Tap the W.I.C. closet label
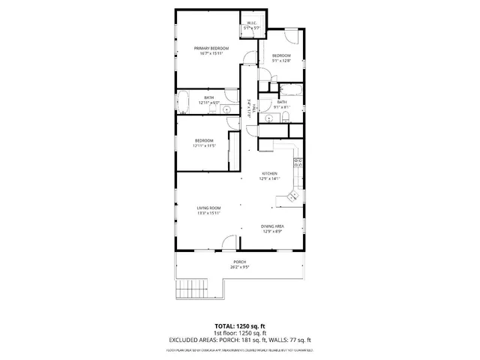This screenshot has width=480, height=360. (253, 24)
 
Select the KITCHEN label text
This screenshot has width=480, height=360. (270, 173)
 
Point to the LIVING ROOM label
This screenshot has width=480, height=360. (208, 208)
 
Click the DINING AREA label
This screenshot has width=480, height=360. (271, 226)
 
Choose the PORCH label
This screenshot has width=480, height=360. (239, 261)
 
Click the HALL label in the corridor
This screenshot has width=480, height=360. (255, 109)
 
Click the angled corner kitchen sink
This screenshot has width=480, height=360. (290, 196)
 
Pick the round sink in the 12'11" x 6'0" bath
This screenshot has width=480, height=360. (226, 110)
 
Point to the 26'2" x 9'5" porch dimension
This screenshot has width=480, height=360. (239, 266)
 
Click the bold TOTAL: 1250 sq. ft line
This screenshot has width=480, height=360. (239, 325)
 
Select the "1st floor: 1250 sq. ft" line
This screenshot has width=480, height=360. (239, 332)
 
